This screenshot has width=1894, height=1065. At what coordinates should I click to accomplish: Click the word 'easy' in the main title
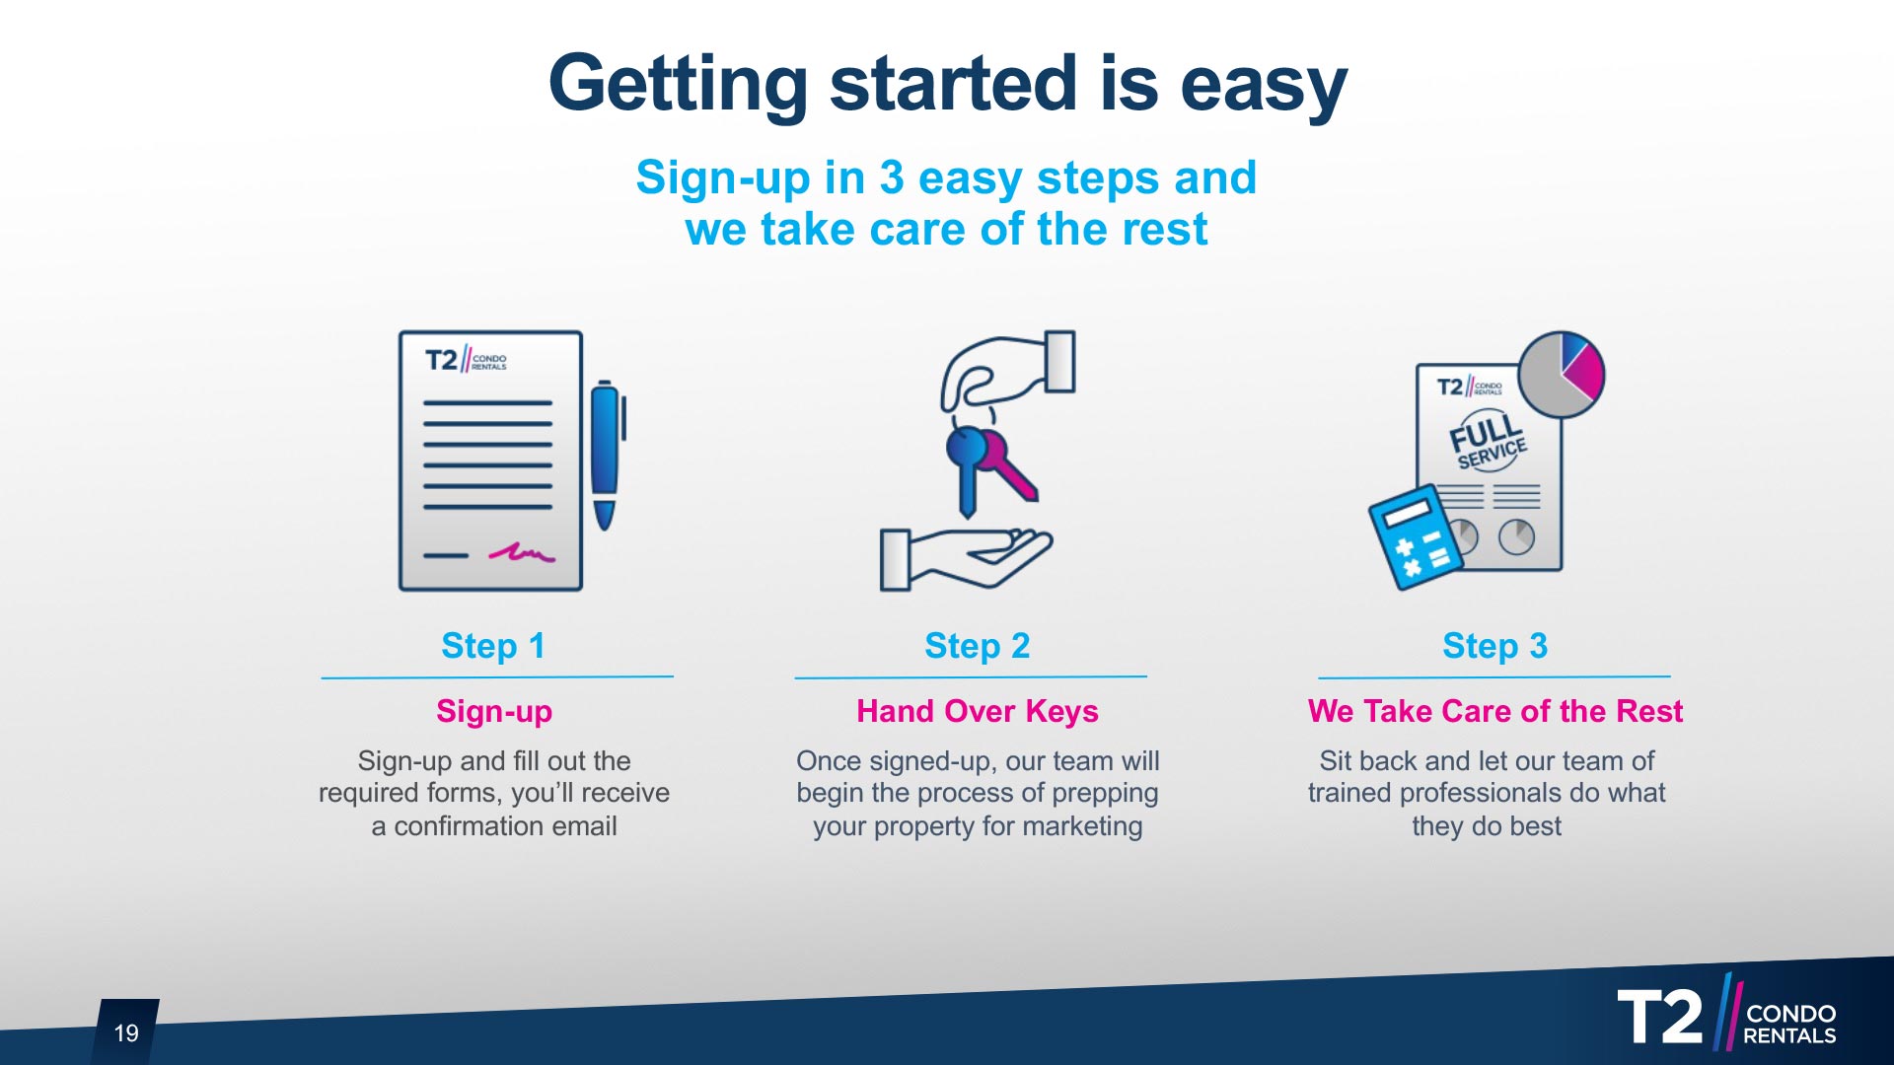[x=1264, y=86]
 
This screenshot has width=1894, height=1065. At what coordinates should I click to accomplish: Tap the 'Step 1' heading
[x=493, y=646]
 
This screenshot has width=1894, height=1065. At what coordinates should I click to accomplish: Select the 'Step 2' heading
[x=978, y=646]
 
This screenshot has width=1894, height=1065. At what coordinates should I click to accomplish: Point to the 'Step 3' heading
[x=1494, y=646]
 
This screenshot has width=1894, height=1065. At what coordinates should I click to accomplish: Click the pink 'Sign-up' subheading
[x=494, y=711]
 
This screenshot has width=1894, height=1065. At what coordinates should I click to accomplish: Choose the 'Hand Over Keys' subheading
[x=978, y=711]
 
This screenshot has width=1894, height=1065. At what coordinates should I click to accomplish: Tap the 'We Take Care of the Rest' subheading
[x=1494, y=711]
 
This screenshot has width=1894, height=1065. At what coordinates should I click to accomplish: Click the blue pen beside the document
[x=607, y=455]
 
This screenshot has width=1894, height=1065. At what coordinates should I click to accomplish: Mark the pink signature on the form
[x=522, y=552]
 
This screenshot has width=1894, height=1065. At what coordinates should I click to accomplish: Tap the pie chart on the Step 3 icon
[x=1561, y=375]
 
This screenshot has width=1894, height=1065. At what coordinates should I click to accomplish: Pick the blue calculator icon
[x=1416, y=537]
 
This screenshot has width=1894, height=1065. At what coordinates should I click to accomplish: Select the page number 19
[x=126, y=1032]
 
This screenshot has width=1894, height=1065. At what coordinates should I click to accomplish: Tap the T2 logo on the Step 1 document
[x=466, y=360]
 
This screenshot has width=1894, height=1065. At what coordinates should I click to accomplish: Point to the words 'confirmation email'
[x=505, y=826]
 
